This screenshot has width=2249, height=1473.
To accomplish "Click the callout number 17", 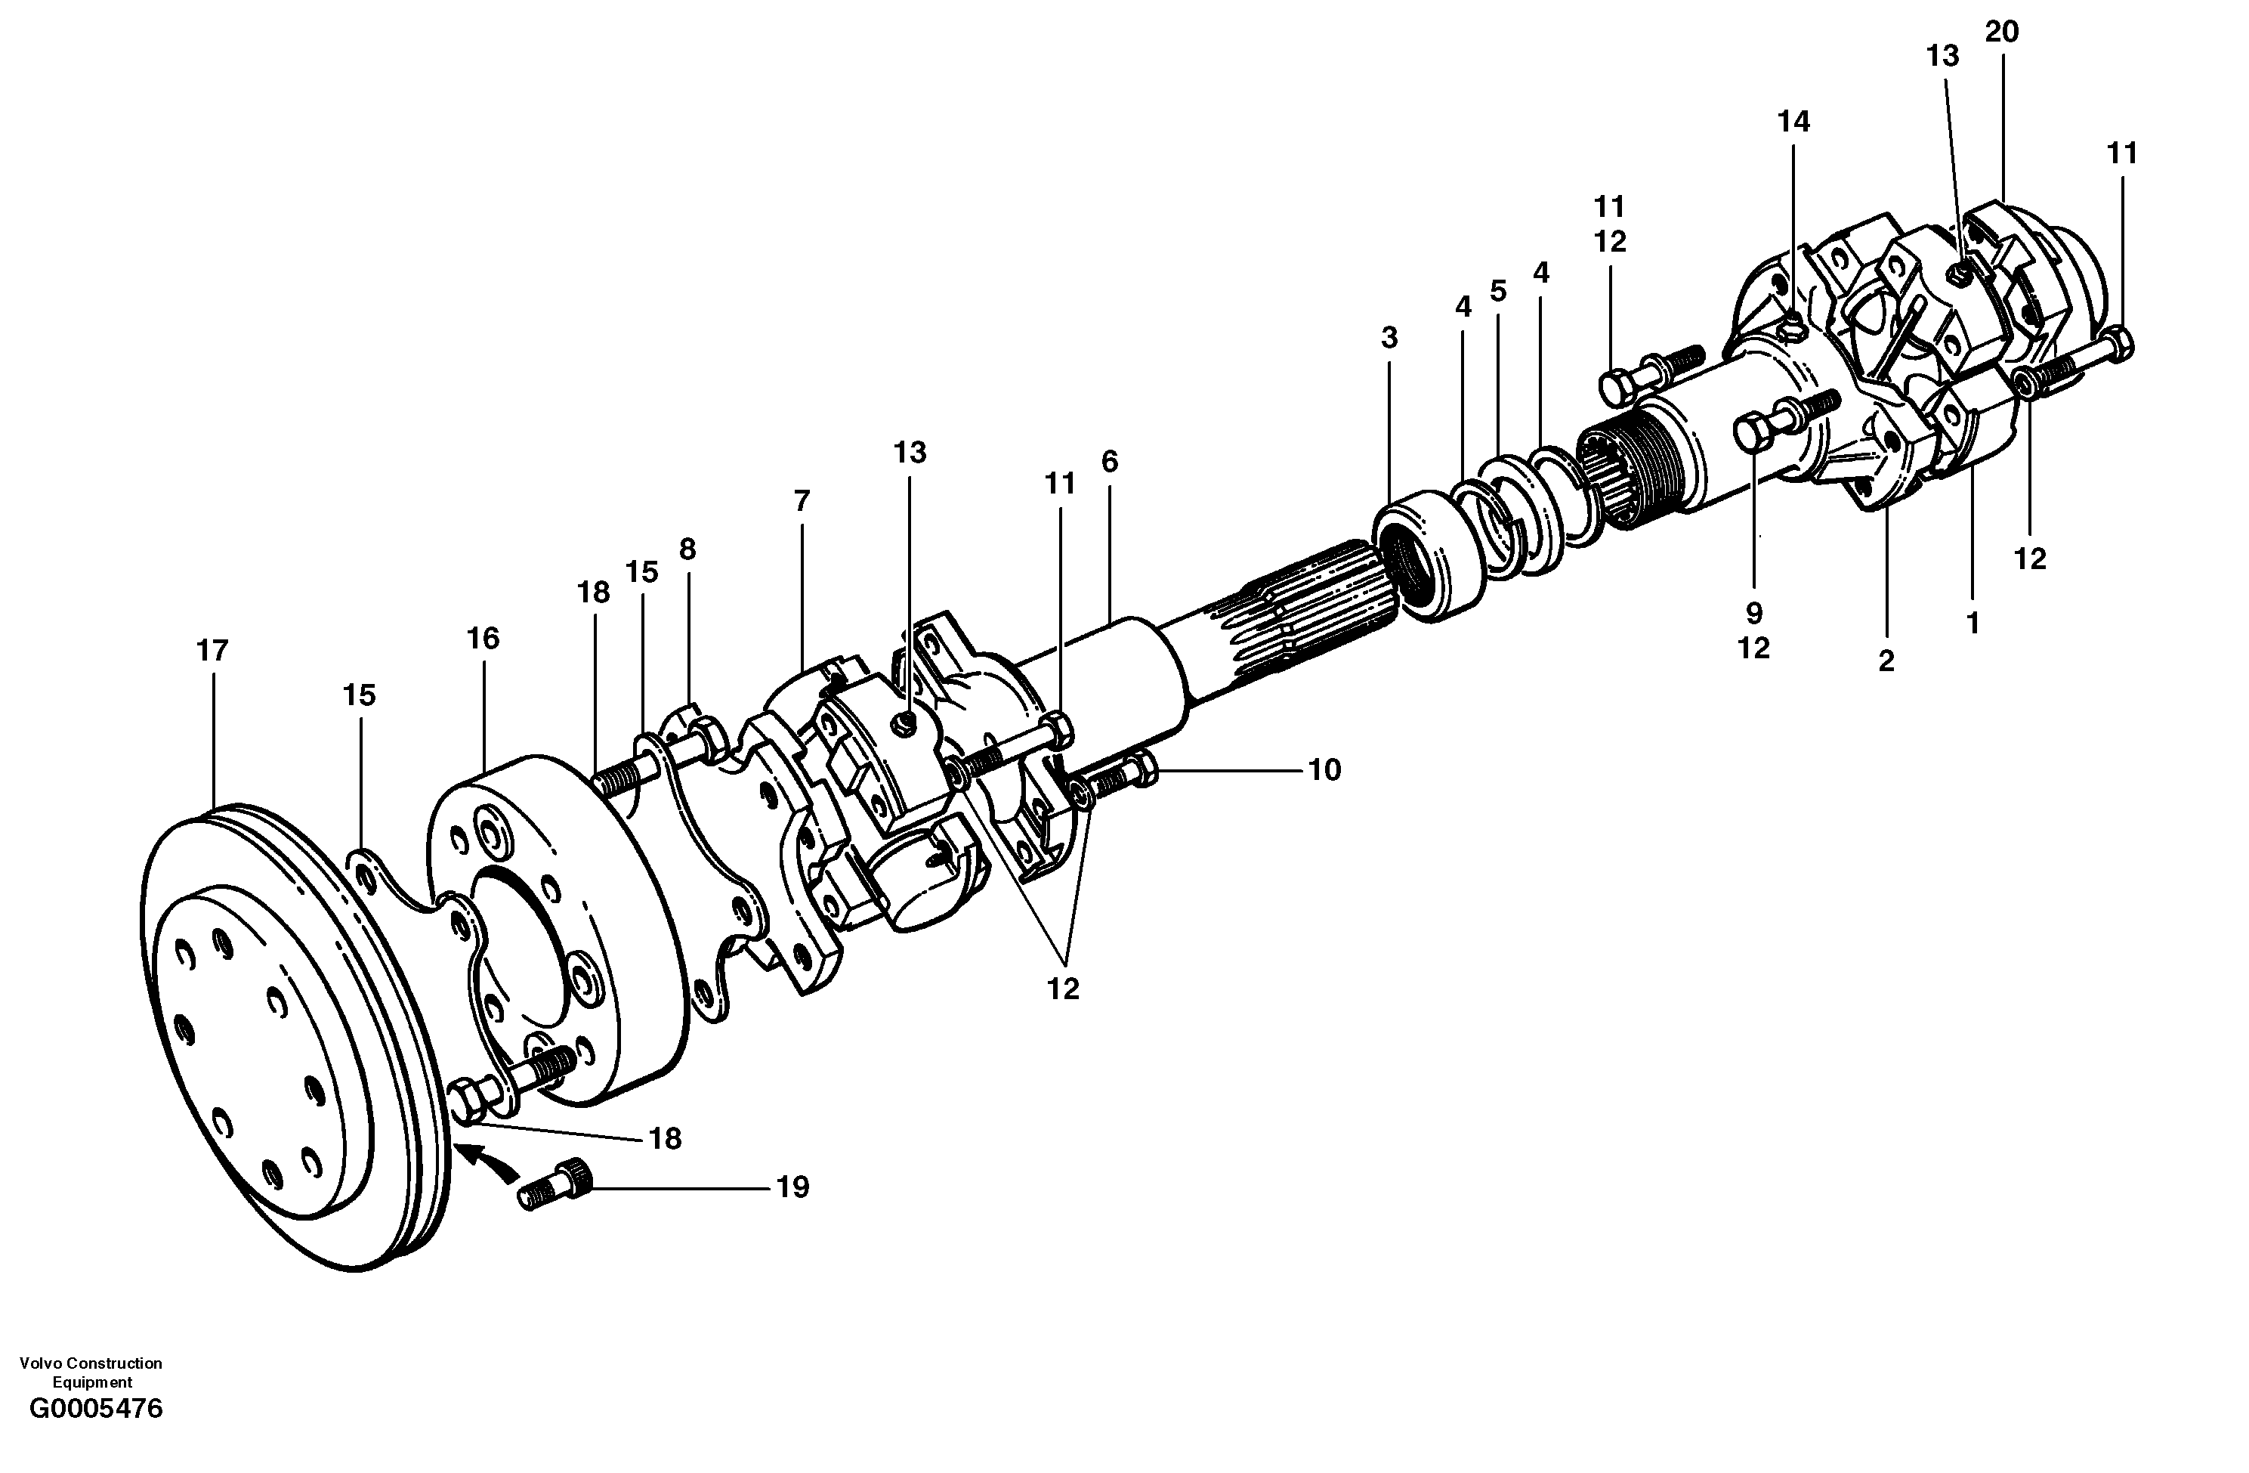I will (212, 651).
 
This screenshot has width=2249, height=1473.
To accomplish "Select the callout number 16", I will (483, 639).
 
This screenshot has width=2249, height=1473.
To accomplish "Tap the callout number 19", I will (792, 1187).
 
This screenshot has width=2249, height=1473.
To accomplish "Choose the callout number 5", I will (1498, 291).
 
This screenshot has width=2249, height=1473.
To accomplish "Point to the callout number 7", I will (802, 501).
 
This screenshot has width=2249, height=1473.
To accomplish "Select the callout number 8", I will (687, 549).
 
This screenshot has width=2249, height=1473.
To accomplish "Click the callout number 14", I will (1793, 122).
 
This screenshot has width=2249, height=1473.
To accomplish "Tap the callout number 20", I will (2001, 32).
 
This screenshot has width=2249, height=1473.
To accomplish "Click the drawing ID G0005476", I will (97, 1435).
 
